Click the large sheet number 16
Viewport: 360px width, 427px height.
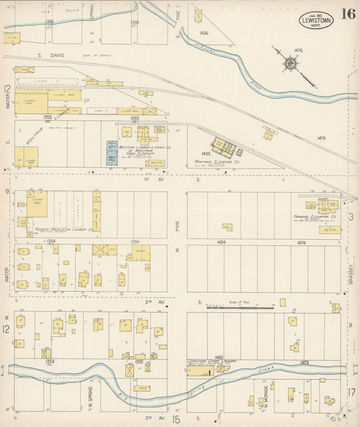pyautogui.click(x=349, y=14)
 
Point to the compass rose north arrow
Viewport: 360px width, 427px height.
pyautogui.click(x=290, y=64)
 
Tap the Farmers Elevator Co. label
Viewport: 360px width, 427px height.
pyautogui.click(x=311, y=217)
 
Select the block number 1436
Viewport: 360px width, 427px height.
pyautogui.click(x=204, y=32)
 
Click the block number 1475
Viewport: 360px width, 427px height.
pyautogui.click(x=322, y=139)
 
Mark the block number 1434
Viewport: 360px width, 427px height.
pyautogui.click(x=221, y=241)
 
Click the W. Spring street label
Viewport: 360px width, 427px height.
pyautogui.click(x=88, y=395)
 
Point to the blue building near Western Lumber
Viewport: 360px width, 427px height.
pyautogui.click(x=111, y=153)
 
